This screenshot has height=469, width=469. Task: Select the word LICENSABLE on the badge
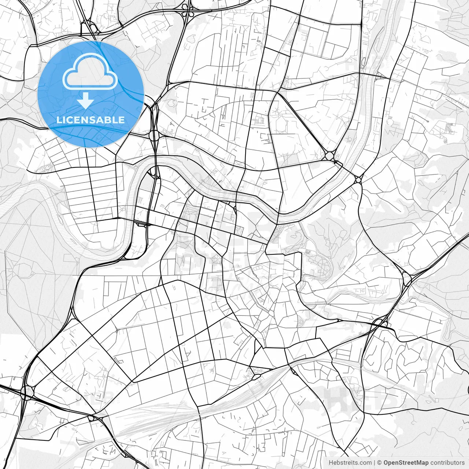(91, 120)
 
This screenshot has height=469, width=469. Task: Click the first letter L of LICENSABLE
(59, 120)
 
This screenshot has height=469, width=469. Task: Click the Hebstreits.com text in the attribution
(350, 463)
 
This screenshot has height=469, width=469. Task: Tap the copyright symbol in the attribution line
(380, 463)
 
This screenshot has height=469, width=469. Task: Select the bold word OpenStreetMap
(406, 463)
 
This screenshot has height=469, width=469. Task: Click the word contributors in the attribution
(447, 463)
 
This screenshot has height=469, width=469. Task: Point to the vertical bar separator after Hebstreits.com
(374, 463)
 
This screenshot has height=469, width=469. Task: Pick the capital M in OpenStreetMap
(420, 463)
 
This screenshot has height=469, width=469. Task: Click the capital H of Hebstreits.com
(331, 463)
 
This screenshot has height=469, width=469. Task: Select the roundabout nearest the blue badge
(154, 135)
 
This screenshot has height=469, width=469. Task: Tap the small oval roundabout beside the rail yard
(256, 376)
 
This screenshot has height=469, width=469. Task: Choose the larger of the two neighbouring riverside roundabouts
(329, 156)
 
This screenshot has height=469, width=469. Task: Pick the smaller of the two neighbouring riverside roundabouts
(358, 179)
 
